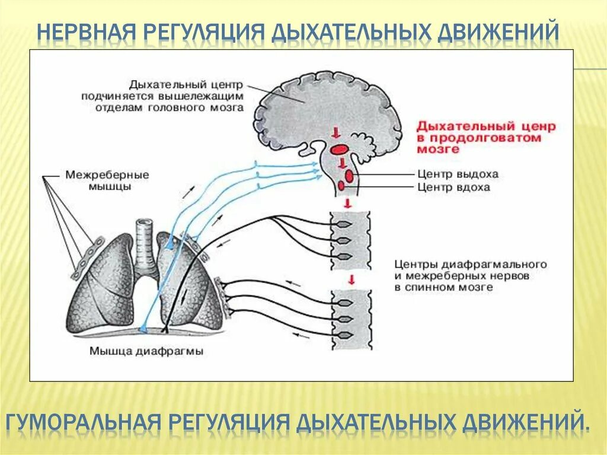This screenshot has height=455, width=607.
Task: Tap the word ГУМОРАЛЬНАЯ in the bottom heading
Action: [84, 423]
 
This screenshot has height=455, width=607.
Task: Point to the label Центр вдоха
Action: [454, 187]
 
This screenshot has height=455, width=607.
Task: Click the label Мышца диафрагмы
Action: [146, 351]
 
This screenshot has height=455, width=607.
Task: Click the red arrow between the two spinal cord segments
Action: [351, 279]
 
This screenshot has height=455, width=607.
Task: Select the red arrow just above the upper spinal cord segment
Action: [349, 203]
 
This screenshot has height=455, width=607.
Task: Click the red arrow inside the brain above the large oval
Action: [336, 132]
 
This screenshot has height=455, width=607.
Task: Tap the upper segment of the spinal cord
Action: [350, 240]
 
